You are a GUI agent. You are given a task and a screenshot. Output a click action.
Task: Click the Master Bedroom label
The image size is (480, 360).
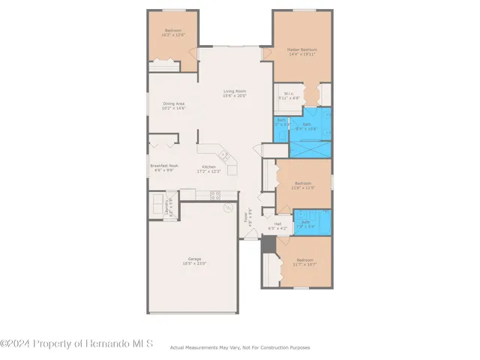pos(301,49)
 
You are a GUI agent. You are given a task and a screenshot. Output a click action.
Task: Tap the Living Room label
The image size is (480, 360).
pos(234,91)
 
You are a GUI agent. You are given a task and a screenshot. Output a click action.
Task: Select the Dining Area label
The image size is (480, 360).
pos(174,103)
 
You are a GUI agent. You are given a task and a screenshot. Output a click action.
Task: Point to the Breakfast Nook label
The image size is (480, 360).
pos(163,165)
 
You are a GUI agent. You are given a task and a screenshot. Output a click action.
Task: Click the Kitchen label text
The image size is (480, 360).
pos(208,166)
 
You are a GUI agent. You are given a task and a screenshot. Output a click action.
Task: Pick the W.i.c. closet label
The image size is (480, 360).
pos(289,94)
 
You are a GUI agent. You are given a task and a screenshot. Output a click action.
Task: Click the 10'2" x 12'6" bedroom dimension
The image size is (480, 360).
pos(172,34)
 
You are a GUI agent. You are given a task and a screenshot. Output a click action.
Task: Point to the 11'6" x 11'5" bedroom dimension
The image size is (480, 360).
pos(303,187)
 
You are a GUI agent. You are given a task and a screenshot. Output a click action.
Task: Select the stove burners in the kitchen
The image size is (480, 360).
pos(214,195)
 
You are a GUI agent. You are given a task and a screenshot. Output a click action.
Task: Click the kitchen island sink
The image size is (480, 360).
pos(223,155)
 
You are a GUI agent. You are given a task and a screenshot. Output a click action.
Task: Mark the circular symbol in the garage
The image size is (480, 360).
pos(229,209)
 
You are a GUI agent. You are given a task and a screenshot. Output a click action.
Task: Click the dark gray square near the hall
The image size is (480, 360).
pos(268,243)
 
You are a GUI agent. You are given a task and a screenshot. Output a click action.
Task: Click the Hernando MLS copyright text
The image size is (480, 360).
pos(76,343)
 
